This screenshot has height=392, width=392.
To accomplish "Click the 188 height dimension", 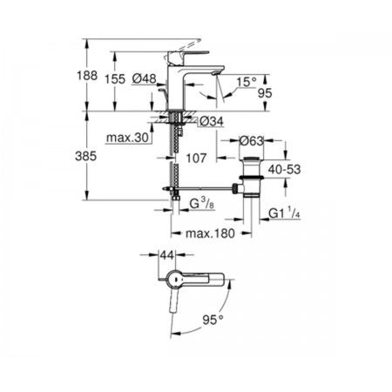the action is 87,76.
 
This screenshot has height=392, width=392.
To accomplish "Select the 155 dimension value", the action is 115,79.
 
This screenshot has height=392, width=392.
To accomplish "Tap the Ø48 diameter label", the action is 144,78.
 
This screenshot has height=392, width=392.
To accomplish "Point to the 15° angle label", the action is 247,82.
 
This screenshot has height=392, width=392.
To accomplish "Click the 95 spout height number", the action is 265,93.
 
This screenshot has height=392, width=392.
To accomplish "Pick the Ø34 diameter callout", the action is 212,121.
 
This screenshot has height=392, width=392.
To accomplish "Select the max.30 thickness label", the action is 127,138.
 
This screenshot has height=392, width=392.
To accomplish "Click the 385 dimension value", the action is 85,157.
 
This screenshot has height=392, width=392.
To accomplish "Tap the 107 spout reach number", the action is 196,159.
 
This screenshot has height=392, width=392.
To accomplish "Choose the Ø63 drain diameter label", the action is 251,141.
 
